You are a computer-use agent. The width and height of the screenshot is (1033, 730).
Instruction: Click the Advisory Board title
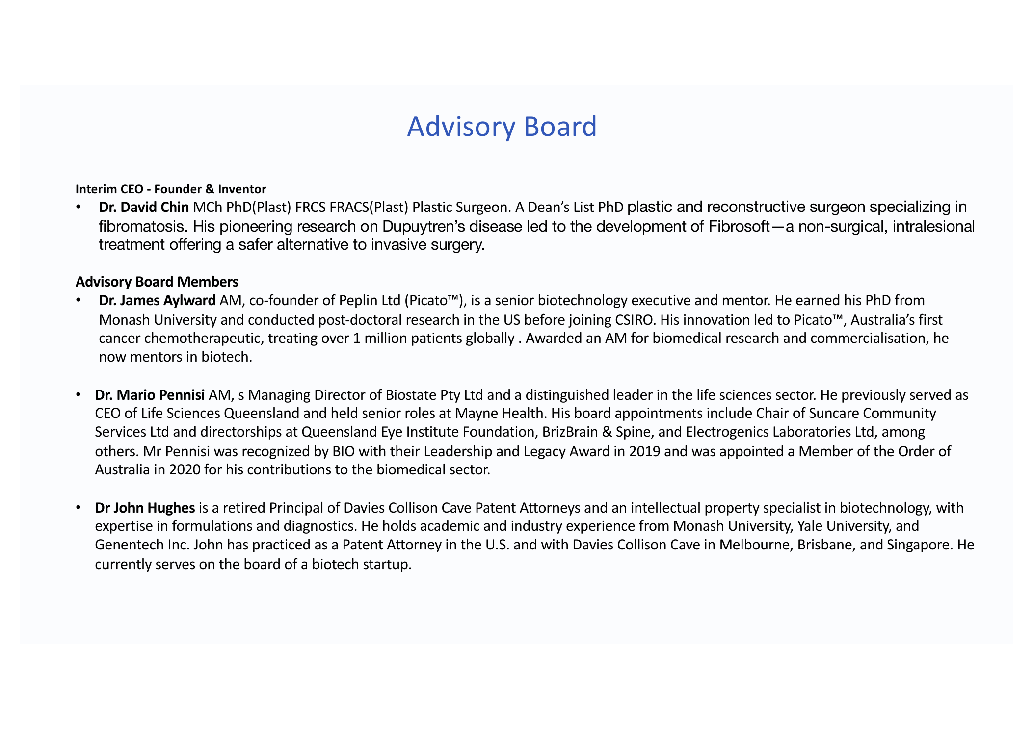point(502,127)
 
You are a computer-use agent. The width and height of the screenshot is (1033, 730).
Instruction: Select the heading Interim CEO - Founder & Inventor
point(171,189)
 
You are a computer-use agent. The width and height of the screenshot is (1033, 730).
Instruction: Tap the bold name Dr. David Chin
point(144,207)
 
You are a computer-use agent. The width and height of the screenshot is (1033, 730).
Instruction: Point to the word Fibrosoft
point(739,226)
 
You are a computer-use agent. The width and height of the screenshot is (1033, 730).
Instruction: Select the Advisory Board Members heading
point(157,282)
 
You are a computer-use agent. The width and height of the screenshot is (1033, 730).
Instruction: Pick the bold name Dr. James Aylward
point(157,300)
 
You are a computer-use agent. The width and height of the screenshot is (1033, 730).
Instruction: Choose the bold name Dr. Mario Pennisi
point(150,395)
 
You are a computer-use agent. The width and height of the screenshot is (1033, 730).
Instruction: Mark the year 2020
point(185,469)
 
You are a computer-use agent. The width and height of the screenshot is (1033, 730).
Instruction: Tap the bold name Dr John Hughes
point(145,508)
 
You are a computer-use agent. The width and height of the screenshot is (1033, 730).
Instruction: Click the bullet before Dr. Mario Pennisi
point(78,395)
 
